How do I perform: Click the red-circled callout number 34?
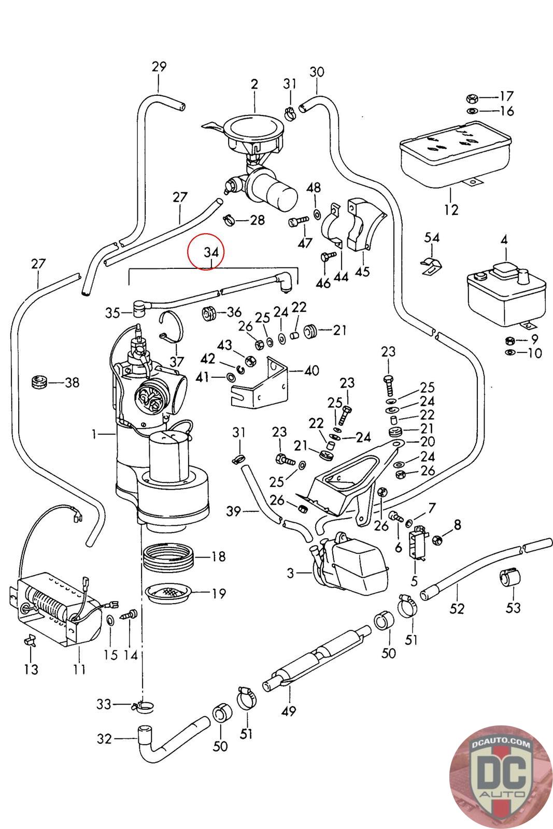(207, 252)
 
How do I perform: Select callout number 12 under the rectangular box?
(451, 209)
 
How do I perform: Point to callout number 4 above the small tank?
(503, 240)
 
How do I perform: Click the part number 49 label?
(289, 711)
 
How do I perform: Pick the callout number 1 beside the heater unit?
(94, 434)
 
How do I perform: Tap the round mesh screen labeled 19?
(169, 593)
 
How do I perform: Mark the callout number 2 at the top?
(254, 84)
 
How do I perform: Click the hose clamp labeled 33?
(143, 705)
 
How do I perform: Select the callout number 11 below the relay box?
(79, 669)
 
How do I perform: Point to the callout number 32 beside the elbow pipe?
(104, 738)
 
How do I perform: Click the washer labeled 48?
(316, 213)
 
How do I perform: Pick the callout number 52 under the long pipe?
(457, 608)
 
